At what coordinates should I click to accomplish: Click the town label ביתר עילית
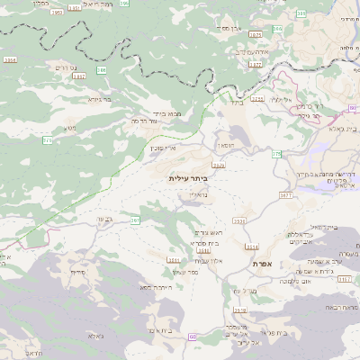[x=188, y=179]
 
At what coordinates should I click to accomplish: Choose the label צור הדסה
[x=146, y=121]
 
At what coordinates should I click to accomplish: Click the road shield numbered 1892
[x=78, y=76]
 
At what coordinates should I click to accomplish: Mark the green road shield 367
[x=135, y=219]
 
